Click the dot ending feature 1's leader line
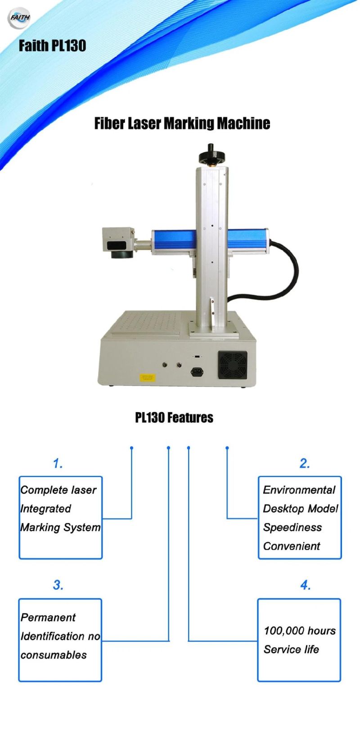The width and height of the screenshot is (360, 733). point(131,448)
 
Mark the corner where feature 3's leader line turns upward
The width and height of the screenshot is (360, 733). point(168,641)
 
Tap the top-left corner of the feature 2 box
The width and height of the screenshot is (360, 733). point(259,477)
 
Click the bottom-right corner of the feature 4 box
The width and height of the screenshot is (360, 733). point(340,681)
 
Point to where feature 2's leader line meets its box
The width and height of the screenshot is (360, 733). point(258,518)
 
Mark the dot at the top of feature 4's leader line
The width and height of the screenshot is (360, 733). point(189,448)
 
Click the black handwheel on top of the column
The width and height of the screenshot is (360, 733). point(211,155)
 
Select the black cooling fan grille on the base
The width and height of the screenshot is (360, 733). point(233,366)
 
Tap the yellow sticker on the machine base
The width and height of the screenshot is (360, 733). point(147,378)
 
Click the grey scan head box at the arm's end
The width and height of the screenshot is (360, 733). point(118,241)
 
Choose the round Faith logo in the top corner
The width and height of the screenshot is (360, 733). point(19,18)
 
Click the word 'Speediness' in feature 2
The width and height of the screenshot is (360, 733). point(292,528)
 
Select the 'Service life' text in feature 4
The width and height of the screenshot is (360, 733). point(291,650)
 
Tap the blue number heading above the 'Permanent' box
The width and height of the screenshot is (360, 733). point(58,585)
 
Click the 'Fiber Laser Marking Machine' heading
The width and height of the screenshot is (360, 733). point(182,123)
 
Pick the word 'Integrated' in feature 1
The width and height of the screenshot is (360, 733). point(45,509)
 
